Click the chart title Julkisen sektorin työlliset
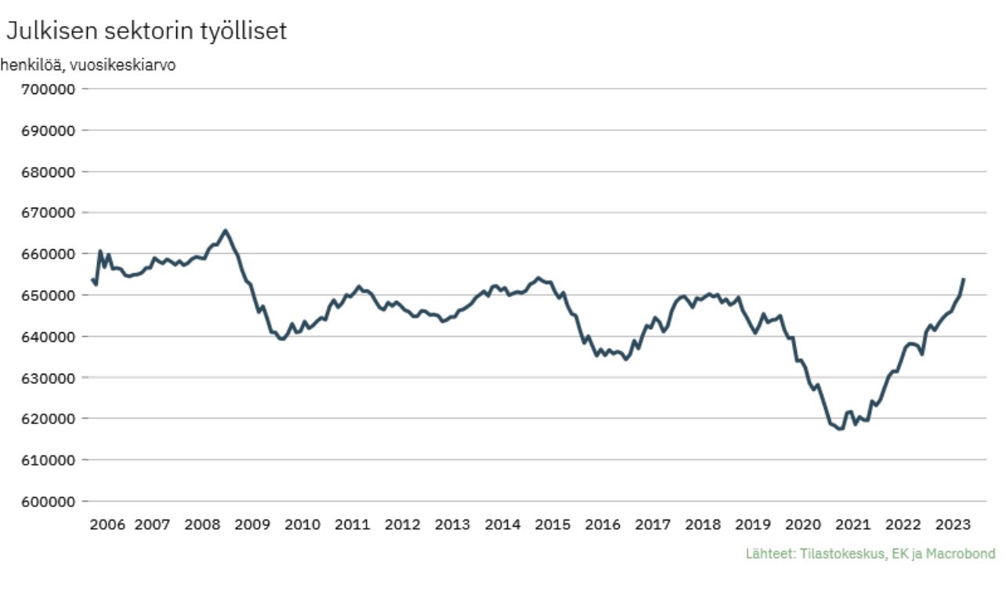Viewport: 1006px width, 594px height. click(x=147, y=31)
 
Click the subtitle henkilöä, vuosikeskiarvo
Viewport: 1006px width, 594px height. click(x=88, y=65)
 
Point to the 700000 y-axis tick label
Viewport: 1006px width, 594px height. click(x=47, y=89)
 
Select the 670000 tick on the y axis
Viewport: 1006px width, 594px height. click(x=47, y=212)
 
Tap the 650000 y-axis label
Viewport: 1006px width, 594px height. click(x=47, y=295)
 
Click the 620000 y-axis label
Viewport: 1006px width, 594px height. click(x=47, y=418)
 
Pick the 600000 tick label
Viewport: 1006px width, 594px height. click(x=47, y=502)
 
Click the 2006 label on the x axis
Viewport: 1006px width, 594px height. click(x=107, y=524)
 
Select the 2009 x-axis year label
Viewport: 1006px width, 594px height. click(x=252, y=524)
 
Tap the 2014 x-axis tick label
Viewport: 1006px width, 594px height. click(x=502, y=524)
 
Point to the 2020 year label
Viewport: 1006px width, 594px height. click(x=803, y=524)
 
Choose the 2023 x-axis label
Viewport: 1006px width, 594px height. click(x=954, y=524)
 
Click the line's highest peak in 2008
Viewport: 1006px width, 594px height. click(x=225, y=230)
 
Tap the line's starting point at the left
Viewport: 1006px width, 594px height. click(x=92, y=280)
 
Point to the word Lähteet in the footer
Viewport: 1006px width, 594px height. click(x=770, y=554)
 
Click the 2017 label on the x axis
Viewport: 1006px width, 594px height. click(x=653, y=524)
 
